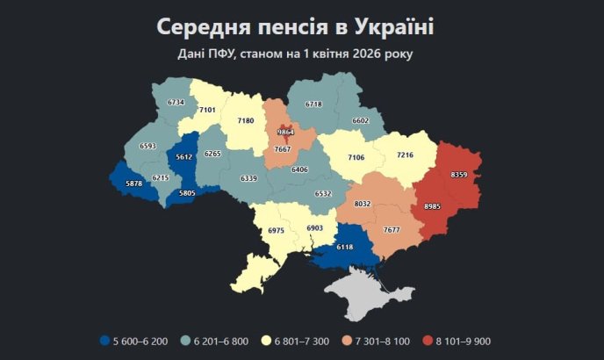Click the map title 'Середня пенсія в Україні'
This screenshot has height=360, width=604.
[x=295, y=26]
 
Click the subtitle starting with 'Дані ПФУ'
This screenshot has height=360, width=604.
[x=295, y=54]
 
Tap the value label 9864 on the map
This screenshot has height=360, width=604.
[x=285, y=132]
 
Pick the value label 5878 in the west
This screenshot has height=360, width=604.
[x=133, y=183]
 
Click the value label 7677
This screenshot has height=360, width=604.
[x=391, y=230]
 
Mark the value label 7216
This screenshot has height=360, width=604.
[x=405, y=155]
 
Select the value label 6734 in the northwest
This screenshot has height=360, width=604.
[x=176, y=103]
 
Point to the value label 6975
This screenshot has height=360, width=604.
[x=276, y=230]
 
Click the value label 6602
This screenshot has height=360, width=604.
[x=361, y=121]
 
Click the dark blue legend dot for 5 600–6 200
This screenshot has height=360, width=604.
[x=104, y=340]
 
